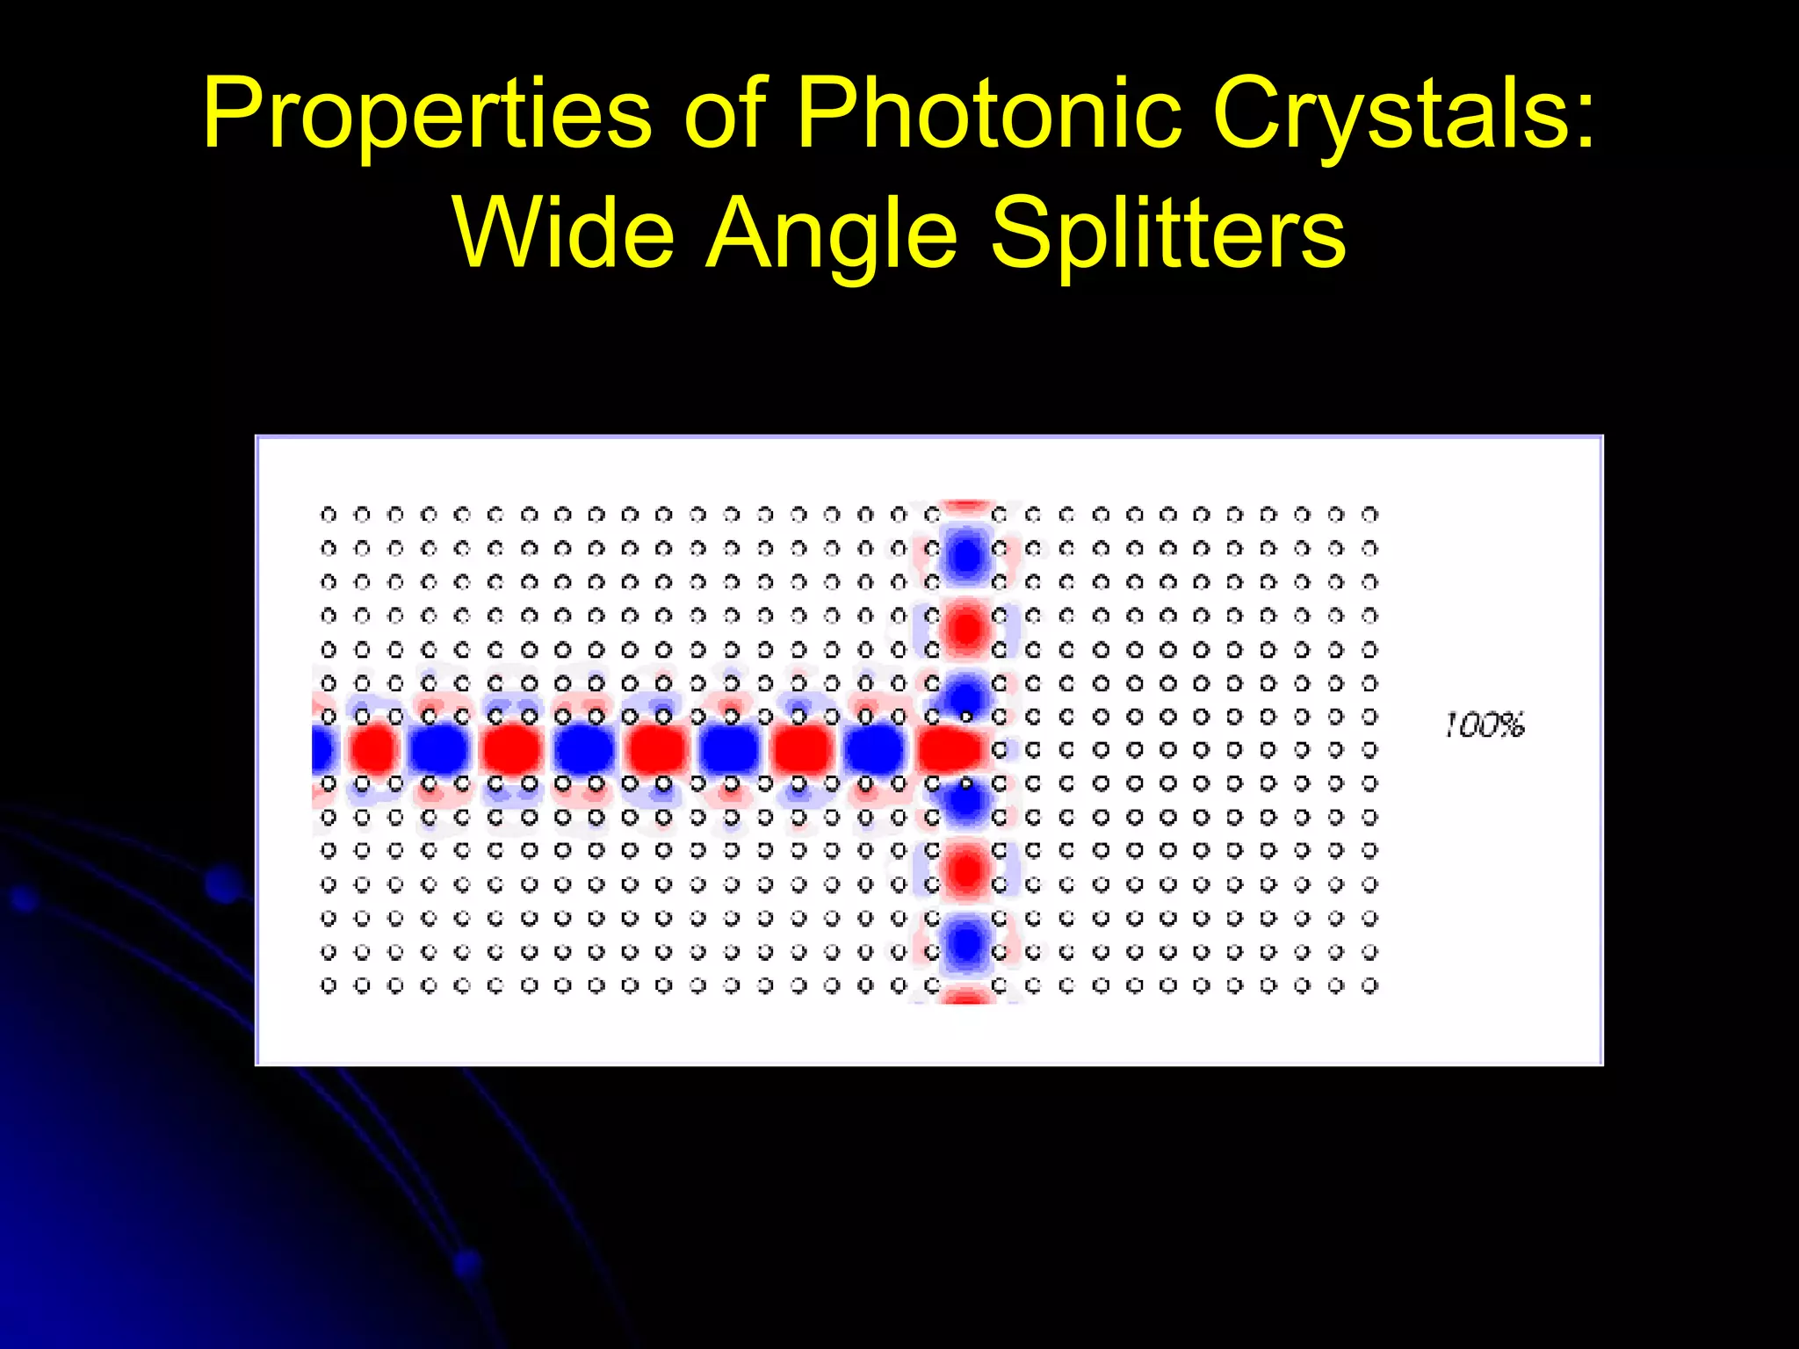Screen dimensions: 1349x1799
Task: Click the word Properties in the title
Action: coord(427,114)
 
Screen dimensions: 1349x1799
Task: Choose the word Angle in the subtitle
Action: coord(830,234)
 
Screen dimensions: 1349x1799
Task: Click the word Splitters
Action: coord(1168,234)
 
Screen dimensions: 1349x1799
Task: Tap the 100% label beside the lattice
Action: coord(1485,725)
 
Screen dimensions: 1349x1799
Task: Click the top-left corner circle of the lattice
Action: coord(329,514)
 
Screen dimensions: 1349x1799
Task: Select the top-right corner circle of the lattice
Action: coord(1369,514)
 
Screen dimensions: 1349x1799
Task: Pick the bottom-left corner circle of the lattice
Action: coord(329,985)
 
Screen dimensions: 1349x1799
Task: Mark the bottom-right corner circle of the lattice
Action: coord(1369,985)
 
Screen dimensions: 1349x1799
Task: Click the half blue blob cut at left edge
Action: coord(322,750)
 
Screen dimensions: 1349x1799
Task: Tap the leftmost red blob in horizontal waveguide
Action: coord(373,750)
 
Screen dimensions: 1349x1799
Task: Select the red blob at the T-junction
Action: coord(949,750)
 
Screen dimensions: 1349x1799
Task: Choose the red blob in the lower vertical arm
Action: coord(966,870)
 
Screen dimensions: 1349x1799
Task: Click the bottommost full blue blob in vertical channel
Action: coord(966,944)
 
